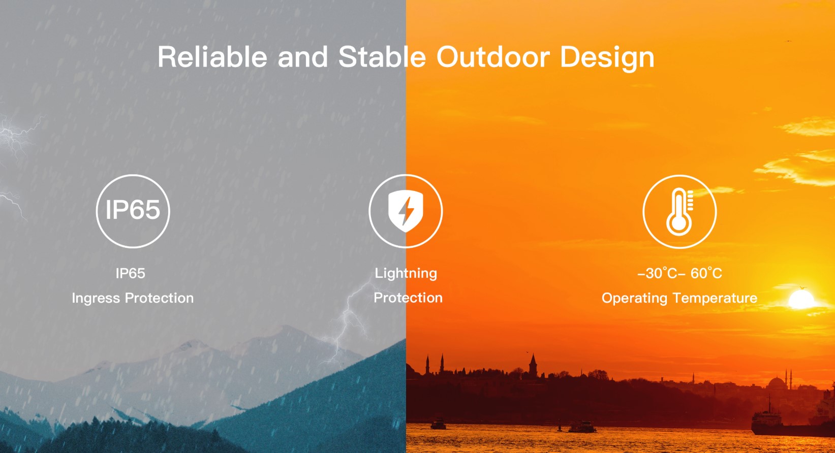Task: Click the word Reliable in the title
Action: click(x=212, y=57)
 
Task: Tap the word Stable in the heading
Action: click(x=382, y=57)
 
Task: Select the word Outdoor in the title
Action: click(x=493, y=57)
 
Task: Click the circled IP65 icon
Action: click(x=133, y=211)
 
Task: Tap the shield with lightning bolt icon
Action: click(x=406, y=211)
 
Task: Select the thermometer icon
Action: click(x=679, y=212)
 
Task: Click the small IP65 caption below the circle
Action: click(x=130, y=273)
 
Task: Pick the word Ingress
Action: click(x=96, y=299)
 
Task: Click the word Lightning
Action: click(x=406, y=273)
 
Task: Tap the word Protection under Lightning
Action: click(x=408, y=298)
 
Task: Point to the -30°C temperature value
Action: click(x=657, y=273)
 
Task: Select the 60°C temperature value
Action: click(x=706, y=273)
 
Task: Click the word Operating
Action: click(x=634, y=299)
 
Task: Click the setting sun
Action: click(x=801, y=300)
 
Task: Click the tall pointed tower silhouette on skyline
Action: click(x=533, y=365)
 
